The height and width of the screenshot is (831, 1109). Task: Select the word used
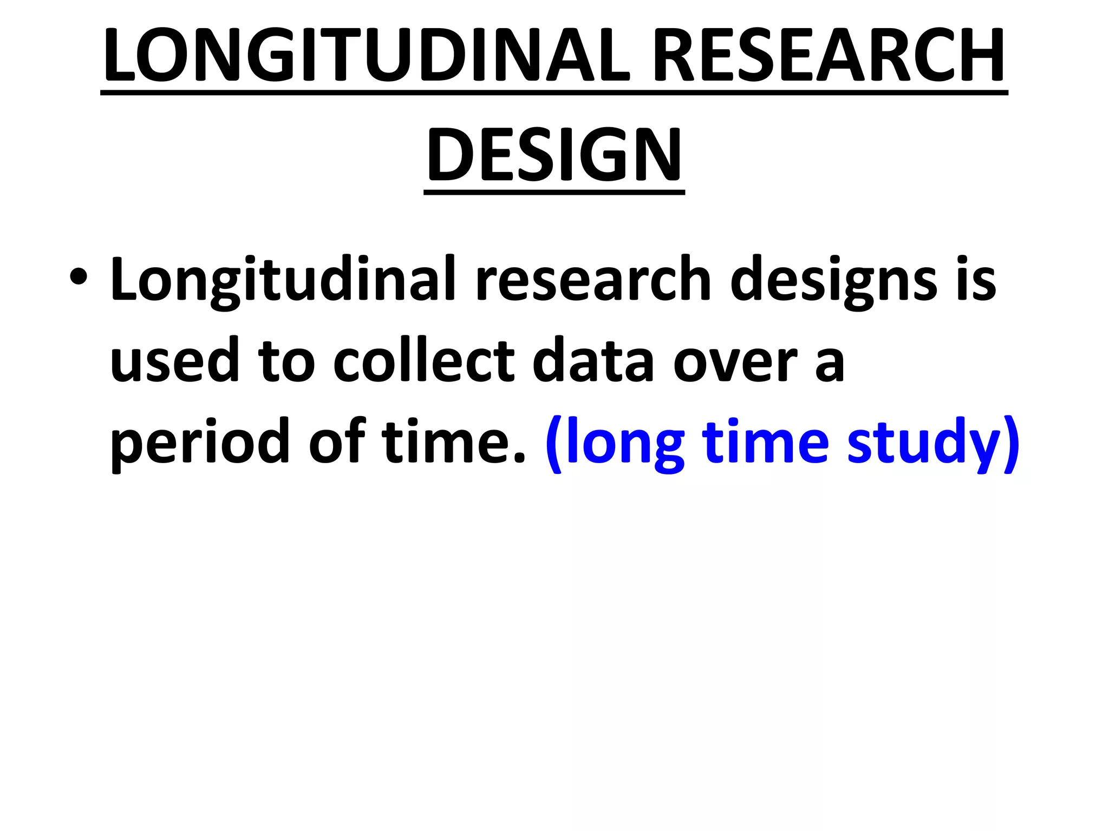[174, 360]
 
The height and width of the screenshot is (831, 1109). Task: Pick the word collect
[423, 360]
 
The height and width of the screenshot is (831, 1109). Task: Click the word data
[593, 360]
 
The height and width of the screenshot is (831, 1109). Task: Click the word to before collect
[286, 361]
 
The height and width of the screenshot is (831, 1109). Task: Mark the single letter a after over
[829, 365]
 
